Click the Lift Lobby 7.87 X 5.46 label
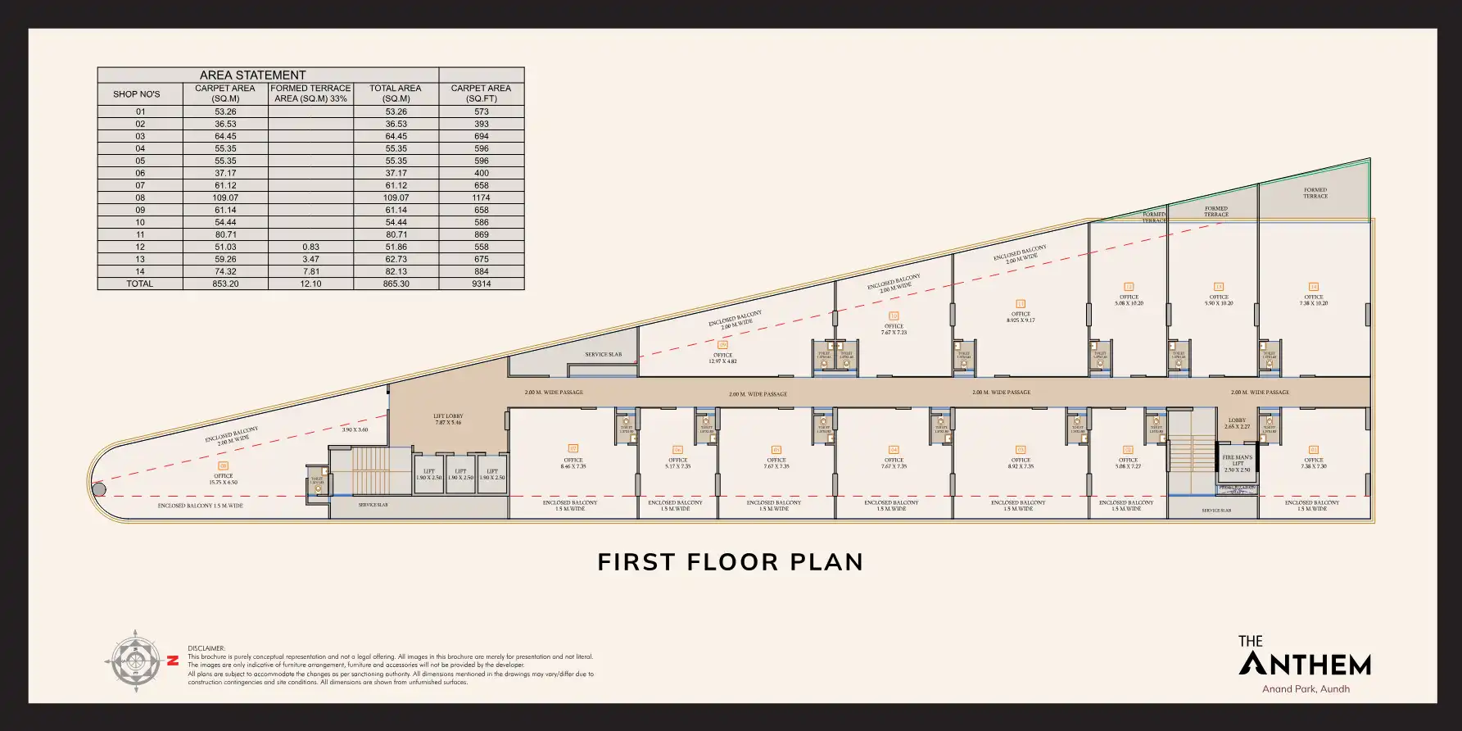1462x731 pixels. [x=447, y=420]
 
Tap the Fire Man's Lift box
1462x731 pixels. [x=1237, y=464]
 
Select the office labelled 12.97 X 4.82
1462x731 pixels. [x=722, y=358]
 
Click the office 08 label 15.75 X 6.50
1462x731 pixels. [x=223, y=479]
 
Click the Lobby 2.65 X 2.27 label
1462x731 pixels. [x=1237, y=424]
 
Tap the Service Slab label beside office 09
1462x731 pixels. [x=603, y=355]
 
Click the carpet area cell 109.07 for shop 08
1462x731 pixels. [x=225, y=198]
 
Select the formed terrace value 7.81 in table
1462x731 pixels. [x=310, y=271]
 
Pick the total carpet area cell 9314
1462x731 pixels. [x=481, y=284]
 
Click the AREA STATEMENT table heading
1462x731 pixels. [x=252, y=75]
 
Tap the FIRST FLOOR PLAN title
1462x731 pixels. [x=730, y=562]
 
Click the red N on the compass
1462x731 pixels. [x=173, y=661]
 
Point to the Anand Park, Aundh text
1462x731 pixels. [x=1306, y=689]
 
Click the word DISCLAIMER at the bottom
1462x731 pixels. [x=206, y=648]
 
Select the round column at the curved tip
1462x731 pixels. [x=98, y=490]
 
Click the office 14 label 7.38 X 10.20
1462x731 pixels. [x=1314, y=301]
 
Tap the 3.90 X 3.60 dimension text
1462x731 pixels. [x=355, y=429]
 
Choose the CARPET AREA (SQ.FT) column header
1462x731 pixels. [x=481, y=93]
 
